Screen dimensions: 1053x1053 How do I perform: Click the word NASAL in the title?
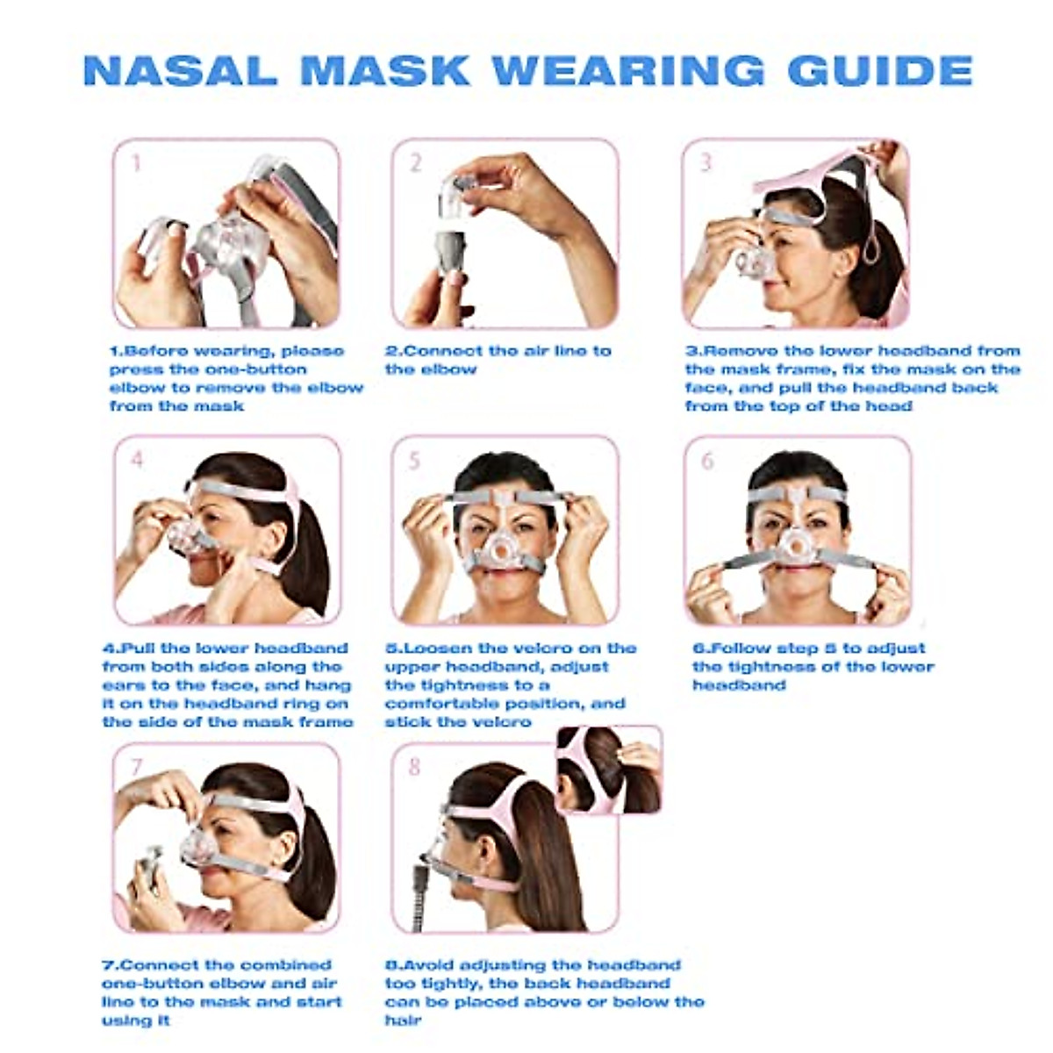[180, 70]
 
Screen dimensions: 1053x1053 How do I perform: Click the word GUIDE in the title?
[880, 70]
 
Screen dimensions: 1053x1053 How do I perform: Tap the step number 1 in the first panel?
[135, 163]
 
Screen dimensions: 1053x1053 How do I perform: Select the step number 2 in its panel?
[416, 163]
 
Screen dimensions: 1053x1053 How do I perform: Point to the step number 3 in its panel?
[706, 163]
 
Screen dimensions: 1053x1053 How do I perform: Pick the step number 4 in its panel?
[137, 460]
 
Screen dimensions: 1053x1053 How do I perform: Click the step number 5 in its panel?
[415, 461]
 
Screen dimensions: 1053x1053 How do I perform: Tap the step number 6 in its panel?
[707, 461]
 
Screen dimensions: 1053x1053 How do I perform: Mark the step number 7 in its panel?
[137, 767]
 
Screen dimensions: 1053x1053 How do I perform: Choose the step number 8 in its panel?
[415, 767]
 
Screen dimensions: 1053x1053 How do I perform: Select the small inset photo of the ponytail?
[609, 770]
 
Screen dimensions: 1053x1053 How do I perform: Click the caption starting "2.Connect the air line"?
[498, 360]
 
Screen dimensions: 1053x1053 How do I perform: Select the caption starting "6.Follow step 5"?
[813, 666]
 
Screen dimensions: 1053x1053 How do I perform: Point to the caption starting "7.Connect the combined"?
[221, 992]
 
